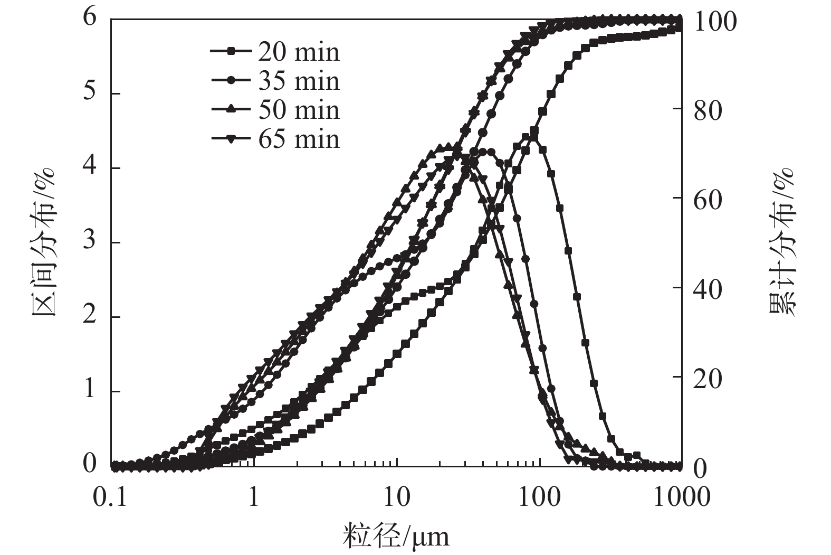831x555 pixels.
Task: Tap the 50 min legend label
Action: (x=299, y=110)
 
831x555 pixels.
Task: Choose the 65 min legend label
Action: (x=299, y=139)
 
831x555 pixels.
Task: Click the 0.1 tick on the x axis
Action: (x=111, y=497)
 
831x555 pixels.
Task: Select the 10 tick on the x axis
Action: (x=396, y=497)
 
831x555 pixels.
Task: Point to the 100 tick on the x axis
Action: (x=539, y=497)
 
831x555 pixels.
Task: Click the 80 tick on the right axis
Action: (x=708, y=110)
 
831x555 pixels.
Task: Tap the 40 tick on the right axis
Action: (x=708, y=288)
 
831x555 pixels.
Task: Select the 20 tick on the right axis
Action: (x=708, y=378)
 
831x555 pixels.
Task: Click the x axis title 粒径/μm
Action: (x=396, y=537)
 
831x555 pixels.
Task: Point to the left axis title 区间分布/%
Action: (x=44, y=241)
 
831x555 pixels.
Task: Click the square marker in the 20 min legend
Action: (x=231, y=52)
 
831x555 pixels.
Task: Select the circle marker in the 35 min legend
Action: (x=231, y=81)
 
